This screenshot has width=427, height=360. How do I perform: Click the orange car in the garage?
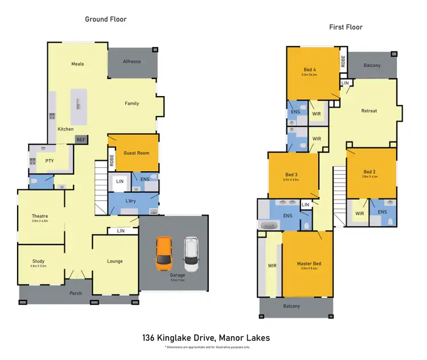[165, 254]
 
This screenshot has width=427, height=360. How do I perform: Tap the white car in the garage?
[192, 254]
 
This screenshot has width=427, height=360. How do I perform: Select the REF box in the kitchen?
[81, 138]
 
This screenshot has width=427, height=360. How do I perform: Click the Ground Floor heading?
[106, 19]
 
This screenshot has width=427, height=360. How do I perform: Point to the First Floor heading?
[346, 27]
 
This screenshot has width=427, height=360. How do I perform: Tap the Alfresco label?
[132, 61]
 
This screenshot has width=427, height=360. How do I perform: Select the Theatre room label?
[40, 216]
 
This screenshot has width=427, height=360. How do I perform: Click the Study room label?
[38, 261]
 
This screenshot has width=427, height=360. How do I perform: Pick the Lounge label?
[115, 261]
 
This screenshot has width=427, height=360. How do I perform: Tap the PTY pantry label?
[49, 162]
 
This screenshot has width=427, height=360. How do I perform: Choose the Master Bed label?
[309, 263]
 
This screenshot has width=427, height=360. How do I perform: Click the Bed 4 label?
[309, 69]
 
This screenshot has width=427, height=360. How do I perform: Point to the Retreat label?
[369, 110]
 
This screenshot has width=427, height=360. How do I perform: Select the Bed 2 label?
[369, 172]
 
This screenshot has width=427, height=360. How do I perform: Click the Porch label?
[75, 293]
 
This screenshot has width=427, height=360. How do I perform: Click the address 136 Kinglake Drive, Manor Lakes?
[206, 338]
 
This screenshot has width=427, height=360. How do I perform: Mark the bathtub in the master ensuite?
[269, 226]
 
